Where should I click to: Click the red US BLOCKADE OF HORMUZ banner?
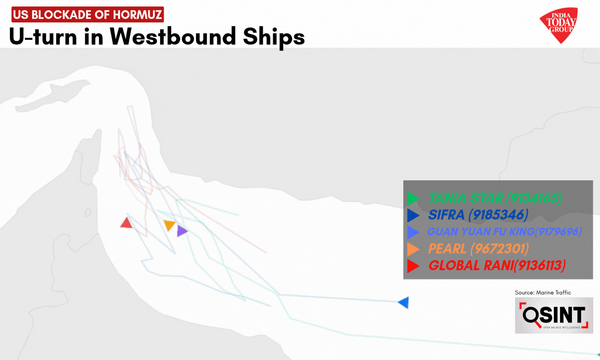click(x=87, y=15)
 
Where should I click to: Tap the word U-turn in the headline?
click(x=43, y=37)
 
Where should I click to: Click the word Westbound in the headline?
click(x=173, y=37)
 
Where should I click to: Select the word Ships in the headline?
click(x=274, y=37)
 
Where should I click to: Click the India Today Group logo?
click(x=559, y=25)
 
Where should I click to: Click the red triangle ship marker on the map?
click(x=126, y=223)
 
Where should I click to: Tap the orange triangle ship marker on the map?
click(x=169, y=225)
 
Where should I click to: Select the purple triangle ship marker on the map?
click(x=182, y=231)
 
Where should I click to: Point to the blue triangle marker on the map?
click(x=404, y=302)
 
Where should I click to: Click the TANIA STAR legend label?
click(x=495, y=198)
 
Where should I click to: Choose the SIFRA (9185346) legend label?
click(x=478, y=215)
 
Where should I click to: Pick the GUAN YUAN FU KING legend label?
click(x=504, y=232)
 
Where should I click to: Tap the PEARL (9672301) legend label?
click(x=478, y=249)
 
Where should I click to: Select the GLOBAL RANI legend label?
click(x=497, y=265)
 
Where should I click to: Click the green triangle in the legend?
click(x=412, y=198)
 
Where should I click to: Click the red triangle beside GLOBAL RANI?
click(x=412, y=266)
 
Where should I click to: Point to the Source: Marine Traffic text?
click(x=543, y=292)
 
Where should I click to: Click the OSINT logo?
click(x=554, y=315)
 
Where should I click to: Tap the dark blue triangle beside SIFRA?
click(x=412, y=215)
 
